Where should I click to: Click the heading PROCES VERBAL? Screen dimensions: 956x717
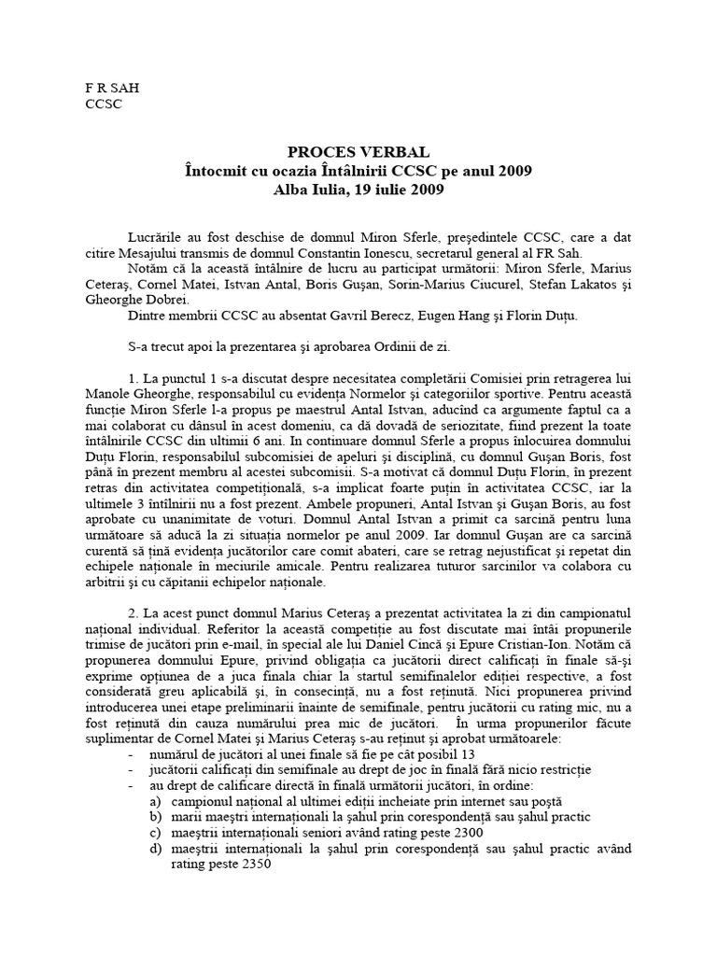pyautogui.click(x=359, y=152)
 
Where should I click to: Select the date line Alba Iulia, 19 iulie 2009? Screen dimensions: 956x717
pyautogui.click(x=359, y=190)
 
